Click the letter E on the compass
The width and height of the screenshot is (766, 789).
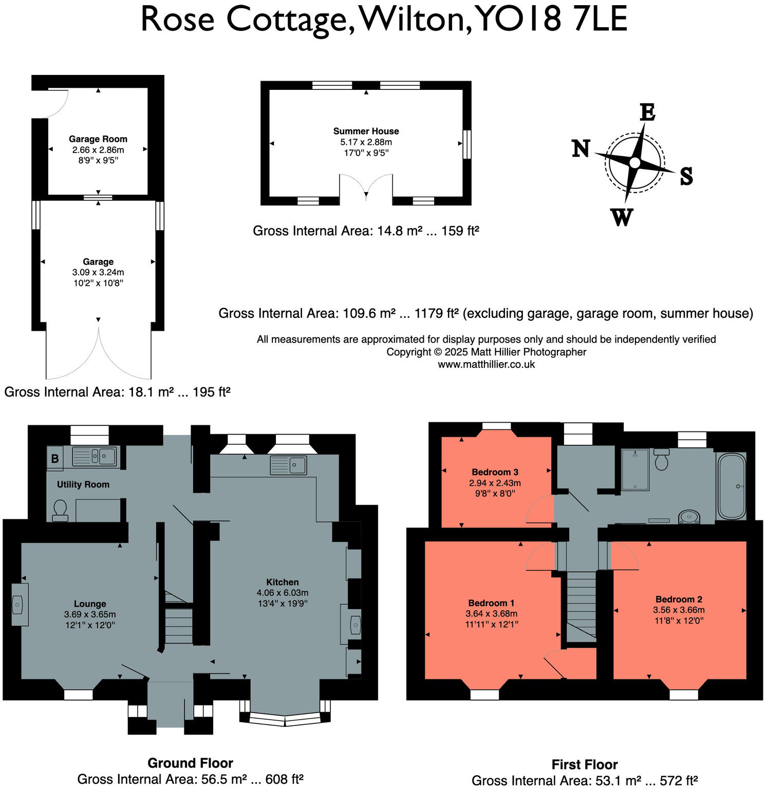pos(647,112)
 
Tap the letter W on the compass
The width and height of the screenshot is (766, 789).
pos(622,218)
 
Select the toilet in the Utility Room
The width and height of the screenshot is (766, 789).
pos(60,510)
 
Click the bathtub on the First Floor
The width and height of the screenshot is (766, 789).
pos(731,486)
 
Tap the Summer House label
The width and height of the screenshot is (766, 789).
pos(366,131)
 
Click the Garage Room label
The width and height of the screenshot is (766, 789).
pos(98,139)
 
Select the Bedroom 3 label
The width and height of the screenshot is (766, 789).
pos(495,472)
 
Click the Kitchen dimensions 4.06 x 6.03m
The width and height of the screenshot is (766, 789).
pos(283,593)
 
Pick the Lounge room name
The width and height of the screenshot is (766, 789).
pos(90,604)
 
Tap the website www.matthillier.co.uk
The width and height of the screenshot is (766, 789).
pos(486,364)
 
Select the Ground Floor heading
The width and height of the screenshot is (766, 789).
pos(190,763)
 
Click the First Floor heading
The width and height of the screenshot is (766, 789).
pos(585,764)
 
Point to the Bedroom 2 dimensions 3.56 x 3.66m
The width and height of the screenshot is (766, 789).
pos(679,610)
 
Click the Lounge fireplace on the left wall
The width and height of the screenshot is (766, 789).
pos(19,605)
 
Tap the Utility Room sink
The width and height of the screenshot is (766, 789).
pos(95,456)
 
